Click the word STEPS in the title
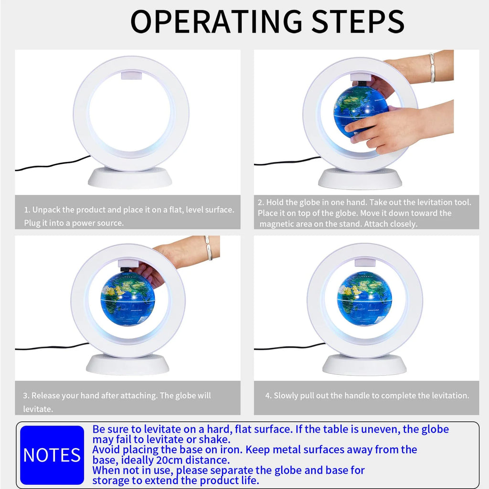point(358,21)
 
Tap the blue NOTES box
point(52,455)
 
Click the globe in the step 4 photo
point(364,298)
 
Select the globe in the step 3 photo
point(128,299)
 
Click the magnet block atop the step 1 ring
point(131,75)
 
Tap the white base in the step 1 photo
point(130,178)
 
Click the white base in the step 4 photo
point(364,364)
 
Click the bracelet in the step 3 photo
point(208,248)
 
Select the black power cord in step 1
point(53,163)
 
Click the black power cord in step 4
point(290,347)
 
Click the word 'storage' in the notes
point(113,480)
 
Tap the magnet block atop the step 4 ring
point(365,262)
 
